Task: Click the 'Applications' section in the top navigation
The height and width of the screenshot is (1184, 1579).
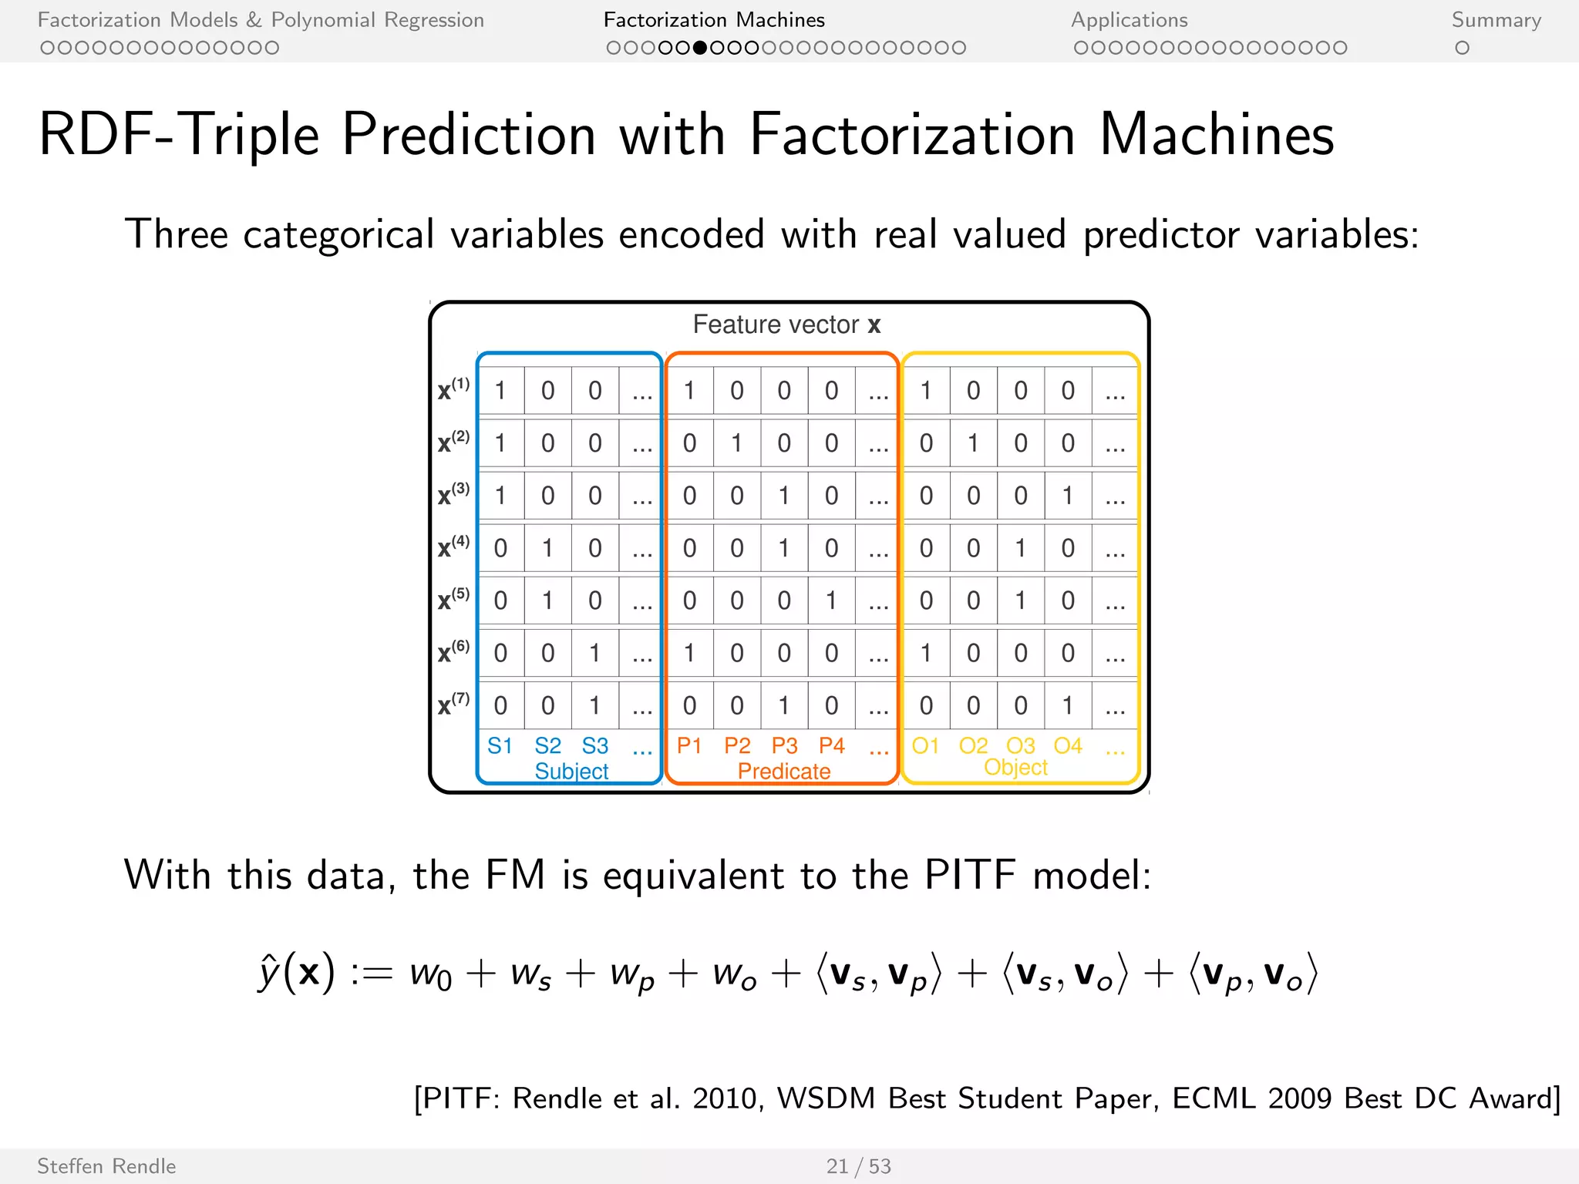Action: (1129, 20)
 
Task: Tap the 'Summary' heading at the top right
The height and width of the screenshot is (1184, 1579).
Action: (1496, 20)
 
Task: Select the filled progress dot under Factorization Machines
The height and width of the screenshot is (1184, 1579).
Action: (700, 48)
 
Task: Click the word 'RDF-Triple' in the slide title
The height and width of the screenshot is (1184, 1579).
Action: (179, 135)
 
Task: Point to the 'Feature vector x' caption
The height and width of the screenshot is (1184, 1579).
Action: (786, 325)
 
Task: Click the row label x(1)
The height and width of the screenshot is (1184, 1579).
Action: (453, 389)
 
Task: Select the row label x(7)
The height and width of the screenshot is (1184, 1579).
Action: (453, 704)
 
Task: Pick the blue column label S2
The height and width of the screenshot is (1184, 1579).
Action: (547, 745)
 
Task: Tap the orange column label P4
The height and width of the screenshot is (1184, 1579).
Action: (831, 745)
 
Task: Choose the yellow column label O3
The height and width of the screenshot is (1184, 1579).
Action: (1020, 745)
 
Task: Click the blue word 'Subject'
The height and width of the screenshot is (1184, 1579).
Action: (571, 771)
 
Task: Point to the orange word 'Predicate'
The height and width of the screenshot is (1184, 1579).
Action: (783, 771)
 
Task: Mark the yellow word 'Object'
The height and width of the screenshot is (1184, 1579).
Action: (1015, 767)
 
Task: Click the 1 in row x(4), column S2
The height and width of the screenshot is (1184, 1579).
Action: (547, 548)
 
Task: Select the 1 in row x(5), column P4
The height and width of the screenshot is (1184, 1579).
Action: (831, 600)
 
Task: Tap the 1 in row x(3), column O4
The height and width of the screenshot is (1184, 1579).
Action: (1068, 496)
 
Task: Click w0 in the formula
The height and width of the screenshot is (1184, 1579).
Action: (430, 974)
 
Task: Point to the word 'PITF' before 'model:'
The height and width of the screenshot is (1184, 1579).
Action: (970, 875)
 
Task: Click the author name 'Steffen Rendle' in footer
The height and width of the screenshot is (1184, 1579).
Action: (106, 1165)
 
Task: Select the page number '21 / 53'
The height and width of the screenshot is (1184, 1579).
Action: (858, 1165)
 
